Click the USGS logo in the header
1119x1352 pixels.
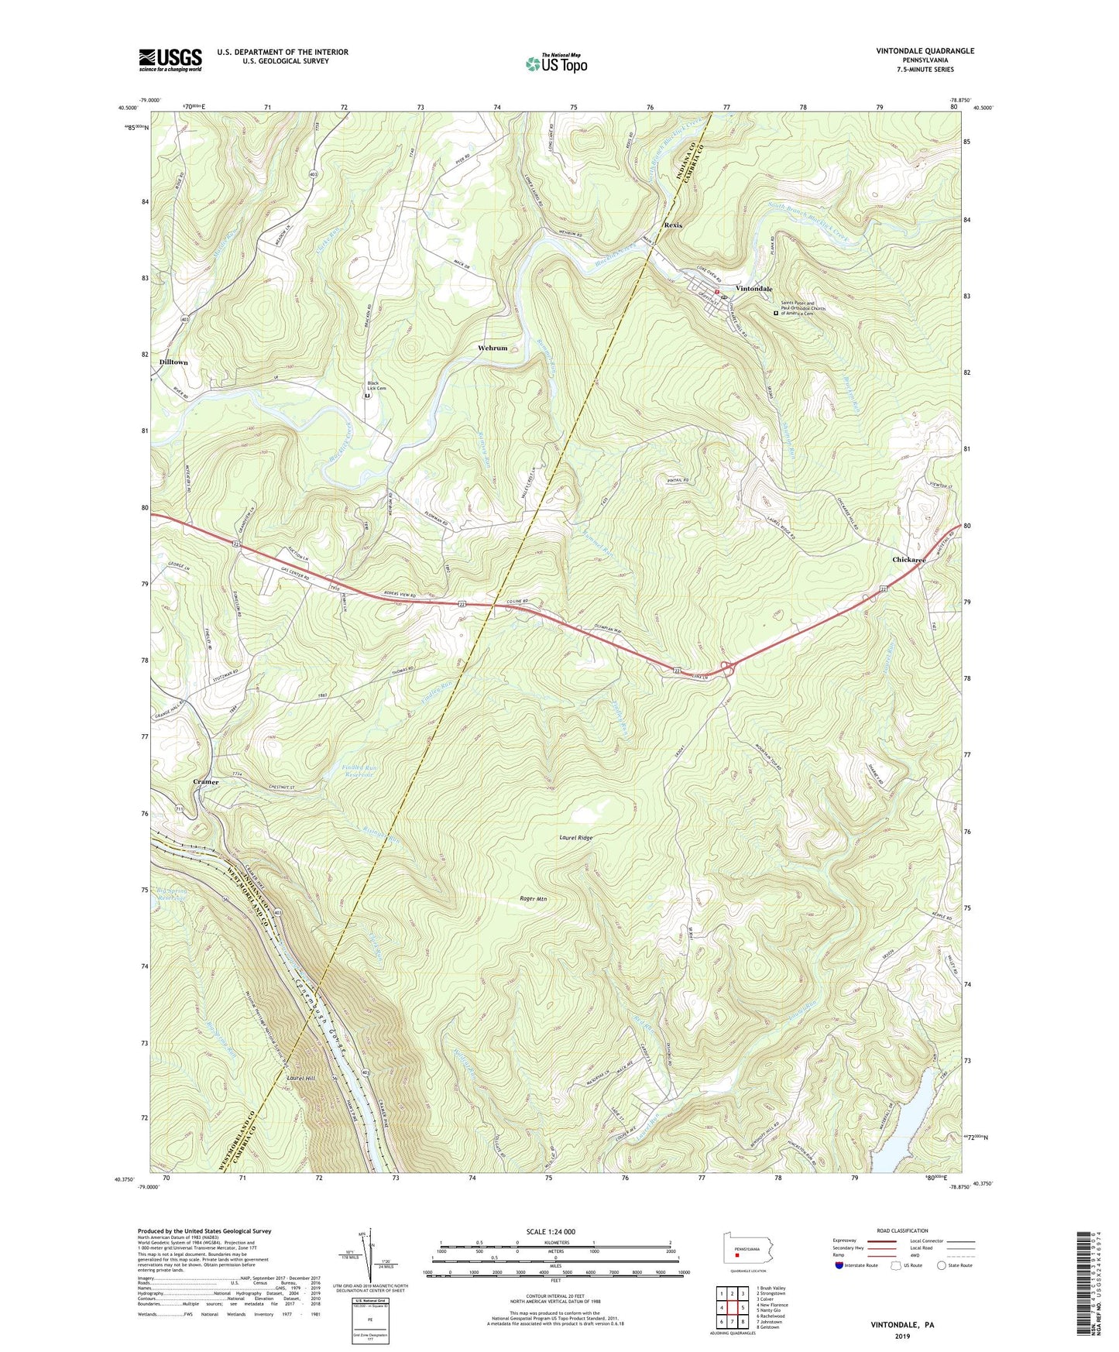pyautogui.click(x=170, y=60)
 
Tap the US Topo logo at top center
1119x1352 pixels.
pyautogui.click(x=556, y=63)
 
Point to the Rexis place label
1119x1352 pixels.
pyautogui.click(x=673, y=225)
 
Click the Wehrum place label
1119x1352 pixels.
pyautogui.click(x=493, y=348)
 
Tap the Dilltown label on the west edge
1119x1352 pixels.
pyautogui.click(x=173, y=362)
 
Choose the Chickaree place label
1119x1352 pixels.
pyautogui.click(x=908, y=559)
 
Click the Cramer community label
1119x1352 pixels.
pyautogui.click(x=206, y=782)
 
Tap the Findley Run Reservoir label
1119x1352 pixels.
pyautogui.click(x=358, y=771)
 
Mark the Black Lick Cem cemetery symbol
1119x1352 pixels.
pyautogui.click(x=367, y=396)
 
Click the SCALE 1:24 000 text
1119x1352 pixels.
pyautogui.click(x=551, y=1231)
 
